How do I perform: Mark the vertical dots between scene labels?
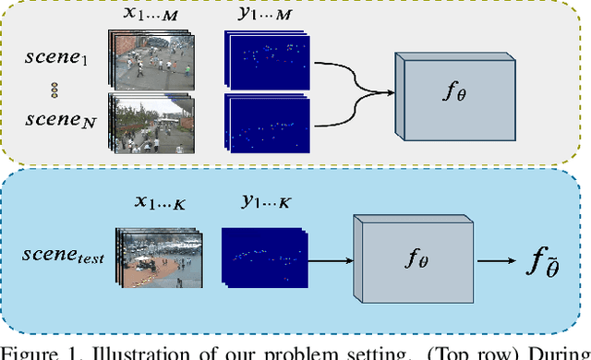pos(53,90)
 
